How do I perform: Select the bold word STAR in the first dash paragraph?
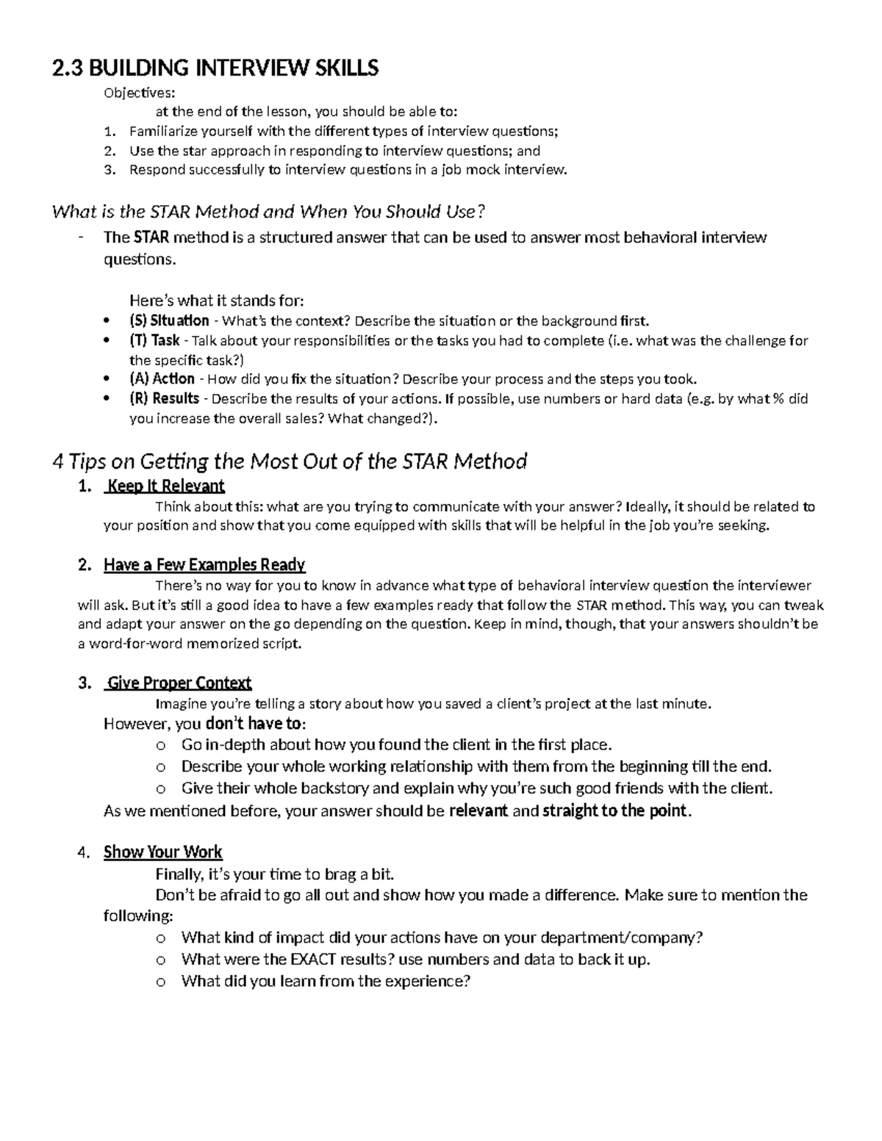click(x=151, y=237)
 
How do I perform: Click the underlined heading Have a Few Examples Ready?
click(x=204, y=565)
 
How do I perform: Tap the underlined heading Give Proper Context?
click(x=179, y=683)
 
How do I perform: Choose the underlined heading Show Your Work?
click(x=163, y=852)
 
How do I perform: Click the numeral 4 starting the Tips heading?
click(x=58, y=462)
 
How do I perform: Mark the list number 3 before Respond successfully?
click(x=110, y=170)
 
